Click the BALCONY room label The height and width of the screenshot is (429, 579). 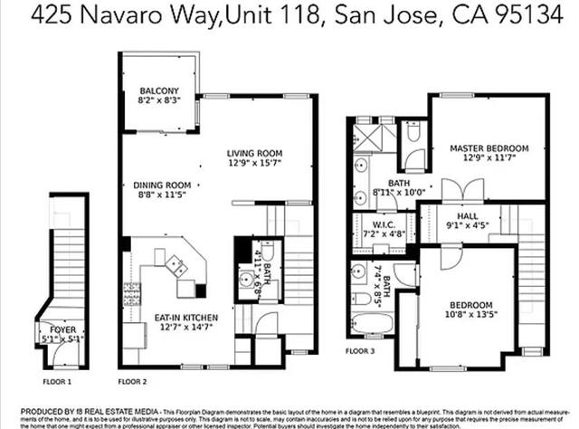pos(158,91)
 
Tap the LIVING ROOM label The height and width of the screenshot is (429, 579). pos(255,153)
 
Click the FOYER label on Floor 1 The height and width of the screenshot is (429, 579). pos(62,329)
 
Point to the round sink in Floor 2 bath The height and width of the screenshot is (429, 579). pos(245,279)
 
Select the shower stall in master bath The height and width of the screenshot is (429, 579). pos(367,138)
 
